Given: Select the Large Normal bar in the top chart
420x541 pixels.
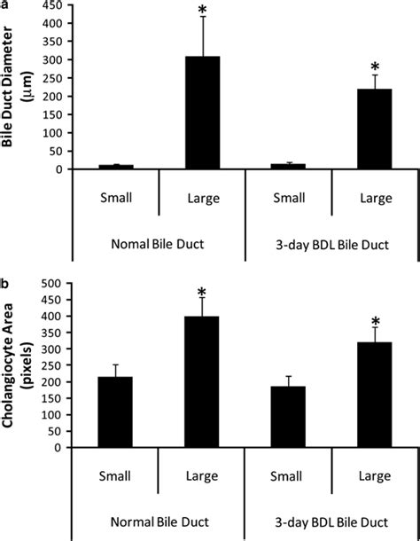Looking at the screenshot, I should [x=202, y=113].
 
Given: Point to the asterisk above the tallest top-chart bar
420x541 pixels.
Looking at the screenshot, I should [x=202, y=12].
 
